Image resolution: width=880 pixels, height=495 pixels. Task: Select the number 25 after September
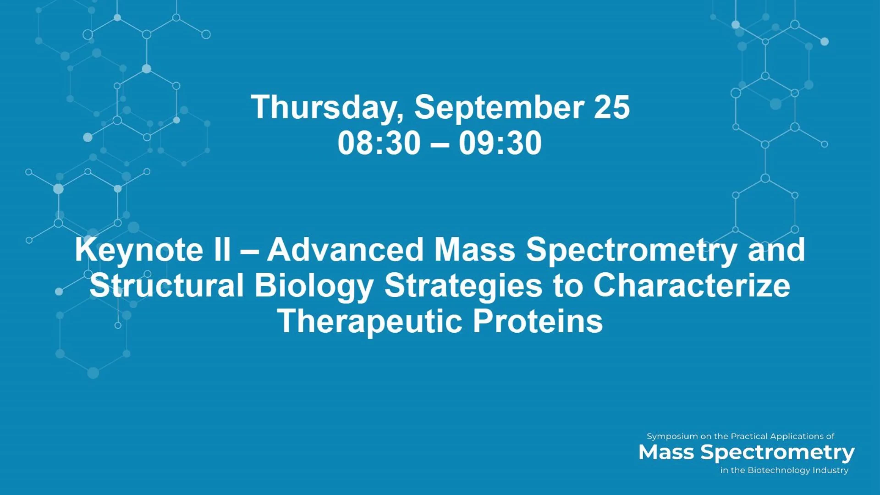tap(612, 107)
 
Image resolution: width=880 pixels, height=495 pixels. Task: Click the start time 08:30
tap(379, 143)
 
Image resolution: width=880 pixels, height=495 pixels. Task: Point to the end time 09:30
tap(500, 143)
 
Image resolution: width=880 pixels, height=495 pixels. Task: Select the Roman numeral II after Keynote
tap(222, 249)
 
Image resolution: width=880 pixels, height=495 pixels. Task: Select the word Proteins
tap(538, 321)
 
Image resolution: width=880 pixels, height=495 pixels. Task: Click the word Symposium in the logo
tap(672, 437)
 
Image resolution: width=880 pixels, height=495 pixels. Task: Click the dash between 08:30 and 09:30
tap(440, 144)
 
